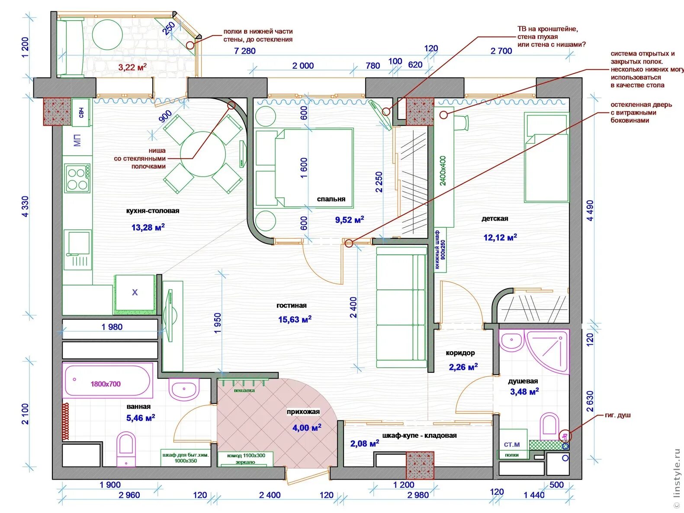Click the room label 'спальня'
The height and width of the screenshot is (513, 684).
point(331,199)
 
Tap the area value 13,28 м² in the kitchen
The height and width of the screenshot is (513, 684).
point(148,227)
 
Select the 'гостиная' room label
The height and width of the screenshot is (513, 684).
point(292,305)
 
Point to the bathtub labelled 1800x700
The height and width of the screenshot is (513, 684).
point(107,381)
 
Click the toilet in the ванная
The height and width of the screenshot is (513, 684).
point(126,448)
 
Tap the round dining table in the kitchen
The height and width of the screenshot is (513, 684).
point(203,154)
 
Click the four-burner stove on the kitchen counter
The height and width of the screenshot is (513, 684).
point(77,178)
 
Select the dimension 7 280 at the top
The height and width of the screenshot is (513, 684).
point(245,51)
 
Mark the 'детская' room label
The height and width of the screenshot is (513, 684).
point(495,218)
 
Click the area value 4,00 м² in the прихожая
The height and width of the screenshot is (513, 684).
point(307,428)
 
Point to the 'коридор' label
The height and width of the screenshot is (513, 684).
point(460,353)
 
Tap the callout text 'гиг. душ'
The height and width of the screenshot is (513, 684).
point(617,415)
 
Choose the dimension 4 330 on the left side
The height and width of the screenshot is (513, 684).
point(25,206)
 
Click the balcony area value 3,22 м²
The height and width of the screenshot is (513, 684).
point(132,67)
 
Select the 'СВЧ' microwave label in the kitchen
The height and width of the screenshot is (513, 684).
point(81,112)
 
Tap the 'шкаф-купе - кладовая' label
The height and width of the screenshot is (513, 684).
point(419,436)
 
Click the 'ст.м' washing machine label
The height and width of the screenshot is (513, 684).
point(512,444)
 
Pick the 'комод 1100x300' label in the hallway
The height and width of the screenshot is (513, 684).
point(246,455)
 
